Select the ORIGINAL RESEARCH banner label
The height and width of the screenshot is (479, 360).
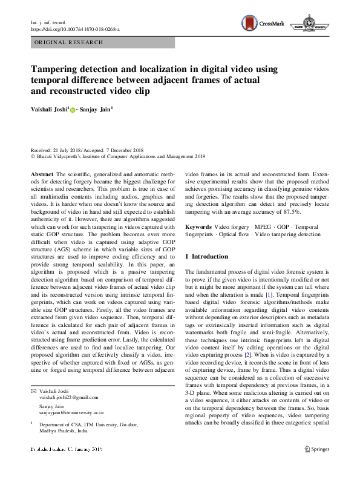[69, 42]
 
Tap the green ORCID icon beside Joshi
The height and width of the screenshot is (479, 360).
[73, 110]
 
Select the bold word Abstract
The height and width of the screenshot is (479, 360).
[41, 174]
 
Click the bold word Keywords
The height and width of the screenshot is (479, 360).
[198, 226]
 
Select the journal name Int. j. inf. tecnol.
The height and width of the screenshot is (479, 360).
[50, 22]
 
